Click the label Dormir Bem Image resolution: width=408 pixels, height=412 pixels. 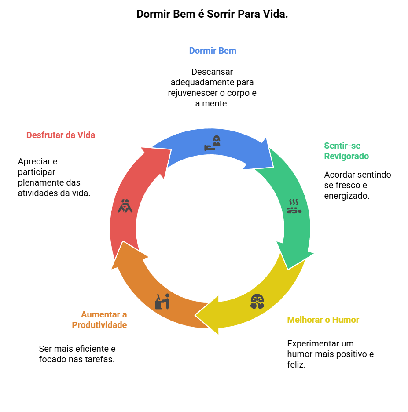coord(213,51)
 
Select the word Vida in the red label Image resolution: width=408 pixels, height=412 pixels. coord(86,135)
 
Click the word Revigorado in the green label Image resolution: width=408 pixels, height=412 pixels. coord(346,156)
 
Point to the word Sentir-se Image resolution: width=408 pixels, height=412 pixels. coord(342,146)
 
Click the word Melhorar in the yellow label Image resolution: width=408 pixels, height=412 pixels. coord(304,320)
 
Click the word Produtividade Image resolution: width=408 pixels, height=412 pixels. coord(99,325)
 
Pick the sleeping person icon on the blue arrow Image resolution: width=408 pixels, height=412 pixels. coord(212,144)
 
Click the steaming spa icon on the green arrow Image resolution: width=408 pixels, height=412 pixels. coord(294,206)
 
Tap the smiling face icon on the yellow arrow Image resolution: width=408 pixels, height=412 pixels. coord(257,301)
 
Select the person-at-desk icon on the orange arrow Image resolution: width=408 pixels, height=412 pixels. coord(162,301)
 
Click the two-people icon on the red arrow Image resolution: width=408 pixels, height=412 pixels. coord(125,206)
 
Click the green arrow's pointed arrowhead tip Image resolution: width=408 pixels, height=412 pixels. coord(288,268)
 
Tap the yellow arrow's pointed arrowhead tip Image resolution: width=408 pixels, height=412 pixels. coord(196,315)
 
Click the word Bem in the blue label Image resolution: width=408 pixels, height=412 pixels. coord(228,51)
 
